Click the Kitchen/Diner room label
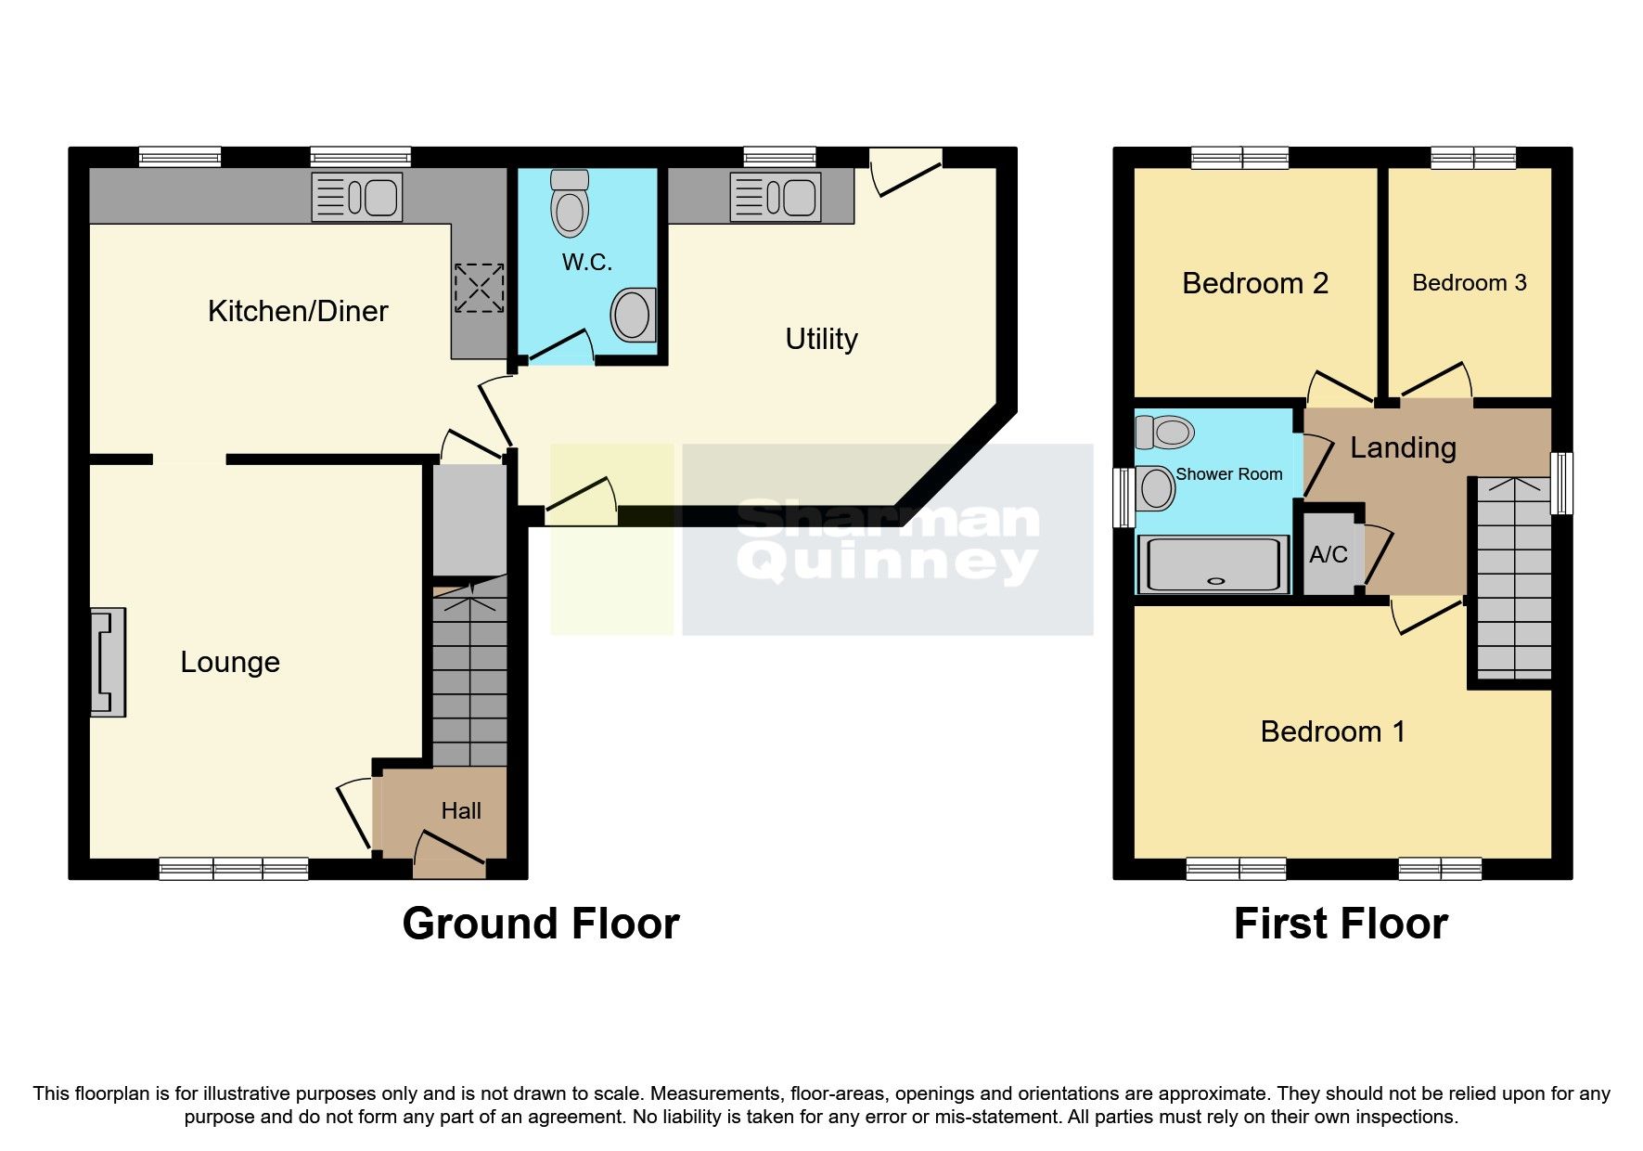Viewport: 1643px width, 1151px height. coord(298,311)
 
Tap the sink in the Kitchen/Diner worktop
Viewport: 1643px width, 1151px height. coord(357,197)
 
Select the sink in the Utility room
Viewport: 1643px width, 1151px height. coord(776,197)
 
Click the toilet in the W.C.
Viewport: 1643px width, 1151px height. coord(570,203)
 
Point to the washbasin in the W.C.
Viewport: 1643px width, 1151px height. coord(633,315)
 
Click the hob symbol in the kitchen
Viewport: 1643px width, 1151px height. coord(479,288)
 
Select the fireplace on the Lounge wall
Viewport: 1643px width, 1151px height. coord(108,662)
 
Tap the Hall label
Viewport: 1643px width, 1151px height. coord(461,811)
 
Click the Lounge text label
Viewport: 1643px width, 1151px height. coord(230,662)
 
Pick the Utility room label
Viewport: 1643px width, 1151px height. coord(821,339)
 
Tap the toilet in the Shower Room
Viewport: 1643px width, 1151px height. coord(1165,432)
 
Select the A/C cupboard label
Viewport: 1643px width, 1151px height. coord(1329,555)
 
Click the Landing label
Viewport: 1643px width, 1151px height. coord(1403,447)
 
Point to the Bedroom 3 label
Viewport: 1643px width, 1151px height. coord(1469,283)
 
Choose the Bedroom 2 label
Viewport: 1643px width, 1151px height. coord(1255,283)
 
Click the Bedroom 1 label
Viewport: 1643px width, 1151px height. coord(1333,731)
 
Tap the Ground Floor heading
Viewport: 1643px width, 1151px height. coord(541,924)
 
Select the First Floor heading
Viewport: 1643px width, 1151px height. coord(1341,924)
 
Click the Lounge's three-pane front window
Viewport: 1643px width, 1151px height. coord(234,869)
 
